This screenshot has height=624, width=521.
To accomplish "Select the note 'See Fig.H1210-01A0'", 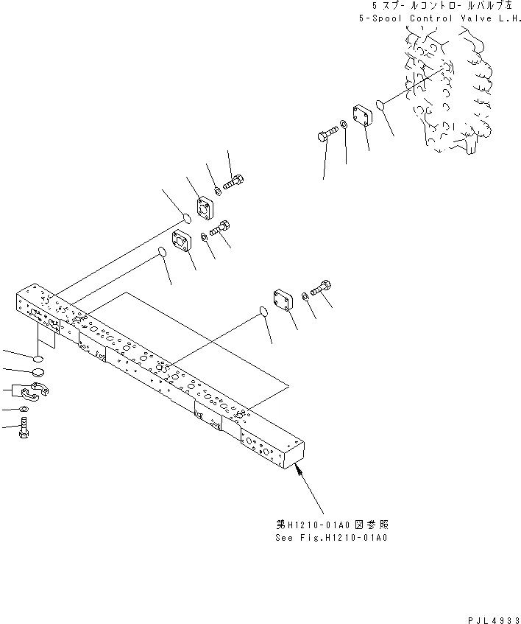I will (332, 537).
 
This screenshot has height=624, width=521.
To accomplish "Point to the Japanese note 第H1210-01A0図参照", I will (332, 525).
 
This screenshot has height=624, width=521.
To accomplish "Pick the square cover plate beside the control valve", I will (361, 117).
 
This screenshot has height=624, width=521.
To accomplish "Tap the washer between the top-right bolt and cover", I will (344, 125).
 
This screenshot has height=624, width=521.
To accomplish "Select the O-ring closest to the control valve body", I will (382, 106).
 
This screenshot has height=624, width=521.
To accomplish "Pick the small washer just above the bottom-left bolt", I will (24, 409).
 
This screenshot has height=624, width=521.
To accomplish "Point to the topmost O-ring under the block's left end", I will (37, 357).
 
